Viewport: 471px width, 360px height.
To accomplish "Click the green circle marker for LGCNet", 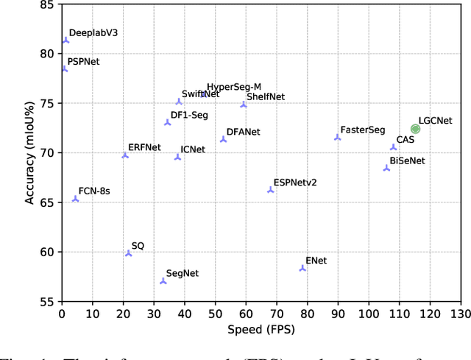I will tap(415, 129).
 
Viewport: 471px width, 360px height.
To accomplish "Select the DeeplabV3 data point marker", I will tap(65, 40).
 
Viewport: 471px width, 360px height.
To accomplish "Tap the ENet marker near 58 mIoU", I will tap(302, 268).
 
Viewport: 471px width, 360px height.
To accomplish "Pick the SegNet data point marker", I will tap(163, 280).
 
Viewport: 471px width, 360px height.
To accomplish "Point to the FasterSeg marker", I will tap(338, 137).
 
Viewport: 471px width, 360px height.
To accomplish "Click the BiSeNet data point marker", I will tap(386, 168).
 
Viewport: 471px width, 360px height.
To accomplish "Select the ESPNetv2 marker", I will tap(270, 190).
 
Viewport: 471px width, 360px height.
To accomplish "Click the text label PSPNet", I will tap(83, 62).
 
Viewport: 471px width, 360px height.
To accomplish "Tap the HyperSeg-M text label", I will tap(234, 87).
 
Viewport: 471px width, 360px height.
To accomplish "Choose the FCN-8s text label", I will tap(94, 191).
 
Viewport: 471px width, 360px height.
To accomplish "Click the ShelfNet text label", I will tap(266, 96).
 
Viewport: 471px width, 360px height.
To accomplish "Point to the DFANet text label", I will tap(244, 132).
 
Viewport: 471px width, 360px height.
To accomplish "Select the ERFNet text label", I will tap(144, 147).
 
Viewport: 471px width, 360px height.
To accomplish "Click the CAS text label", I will tap(406, 139).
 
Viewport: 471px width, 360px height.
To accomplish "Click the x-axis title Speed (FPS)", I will tap(261, 329).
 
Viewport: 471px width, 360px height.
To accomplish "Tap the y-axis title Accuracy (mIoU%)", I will tap(29, 152).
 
